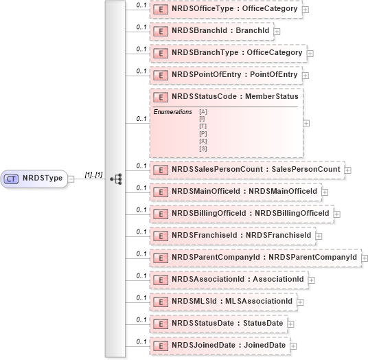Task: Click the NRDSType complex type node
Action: (x=38, y=179)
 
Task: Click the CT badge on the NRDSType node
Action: (x=11, y=179)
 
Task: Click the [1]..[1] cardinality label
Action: (x=93, y=175)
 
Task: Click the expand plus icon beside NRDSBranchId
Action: (x=277, y=31)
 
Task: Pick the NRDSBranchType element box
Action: (x=227, y=53)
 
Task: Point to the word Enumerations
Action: (x=172, y=111)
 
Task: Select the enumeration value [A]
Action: (x=203, y=111)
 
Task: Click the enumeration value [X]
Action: (x=203, y=141)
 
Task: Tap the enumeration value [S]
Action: (x=203, y=148)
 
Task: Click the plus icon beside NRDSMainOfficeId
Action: (x=325, y=191)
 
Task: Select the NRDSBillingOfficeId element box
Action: (x=241, y=213)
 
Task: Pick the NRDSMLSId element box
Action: (x=222, y=301)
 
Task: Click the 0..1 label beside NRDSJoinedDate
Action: (x=141, y=341)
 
